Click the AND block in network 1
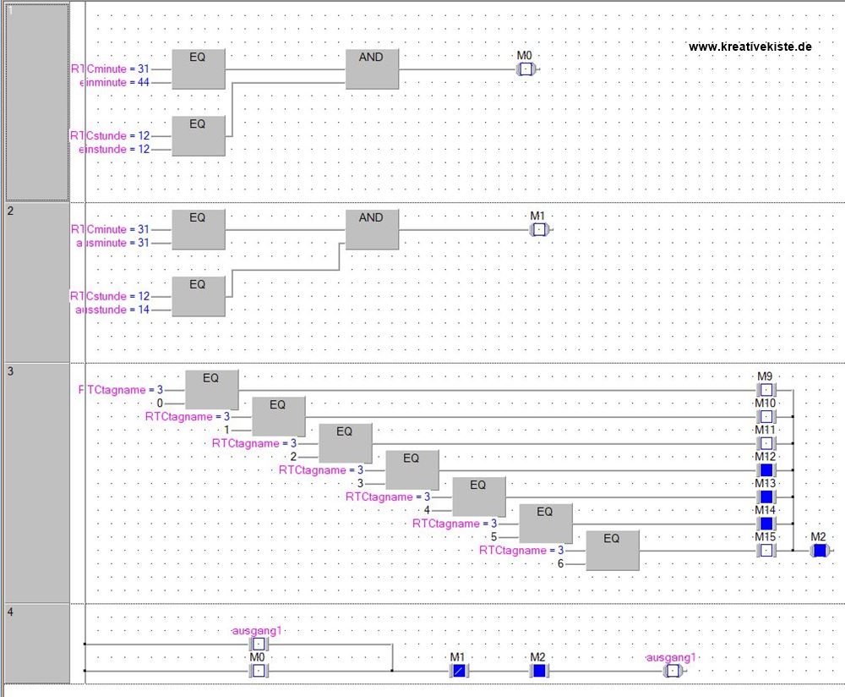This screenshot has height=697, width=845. click(x=372, y=69)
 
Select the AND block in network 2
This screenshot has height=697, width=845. click(x=372, y=229)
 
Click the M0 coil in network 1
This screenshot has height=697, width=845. click(x=526, y=69)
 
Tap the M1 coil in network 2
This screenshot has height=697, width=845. click(x=538, y=229)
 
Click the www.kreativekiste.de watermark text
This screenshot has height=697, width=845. click(x=750, y=47)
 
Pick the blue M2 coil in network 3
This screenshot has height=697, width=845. click(x=818, y=551)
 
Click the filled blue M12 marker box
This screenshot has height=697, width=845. click(x=766, y=470)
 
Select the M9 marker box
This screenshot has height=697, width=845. click(x=766, y=390)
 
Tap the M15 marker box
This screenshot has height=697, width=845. click(x=766, y=551)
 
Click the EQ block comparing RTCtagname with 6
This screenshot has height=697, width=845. click(x=612, y=550)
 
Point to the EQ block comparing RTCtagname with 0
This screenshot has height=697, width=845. click(x=211, y=390)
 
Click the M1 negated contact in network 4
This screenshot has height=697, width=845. click(x=458, y=671)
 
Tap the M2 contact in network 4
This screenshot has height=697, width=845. click(x=538, y=671)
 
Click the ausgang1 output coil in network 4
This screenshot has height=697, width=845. click(x=672, y=671)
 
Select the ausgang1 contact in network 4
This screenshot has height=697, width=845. click(x=259, y=644)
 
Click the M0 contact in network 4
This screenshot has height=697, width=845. click(x=259, y=671)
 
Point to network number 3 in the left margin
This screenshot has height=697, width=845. click(x=10, y=371)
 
